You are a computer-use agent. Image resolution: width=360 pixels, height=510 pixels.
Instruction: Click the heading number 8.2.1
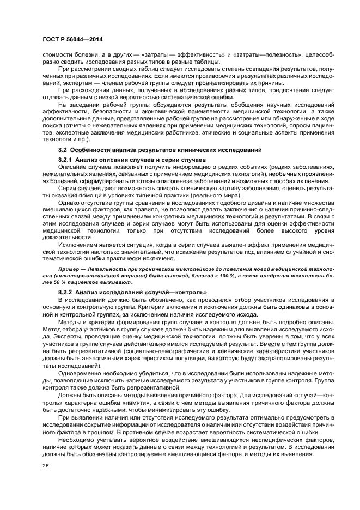[66, 159]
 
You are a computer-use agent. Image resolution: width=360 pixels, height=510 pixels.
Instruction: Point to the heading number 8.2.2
[66, 293]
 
